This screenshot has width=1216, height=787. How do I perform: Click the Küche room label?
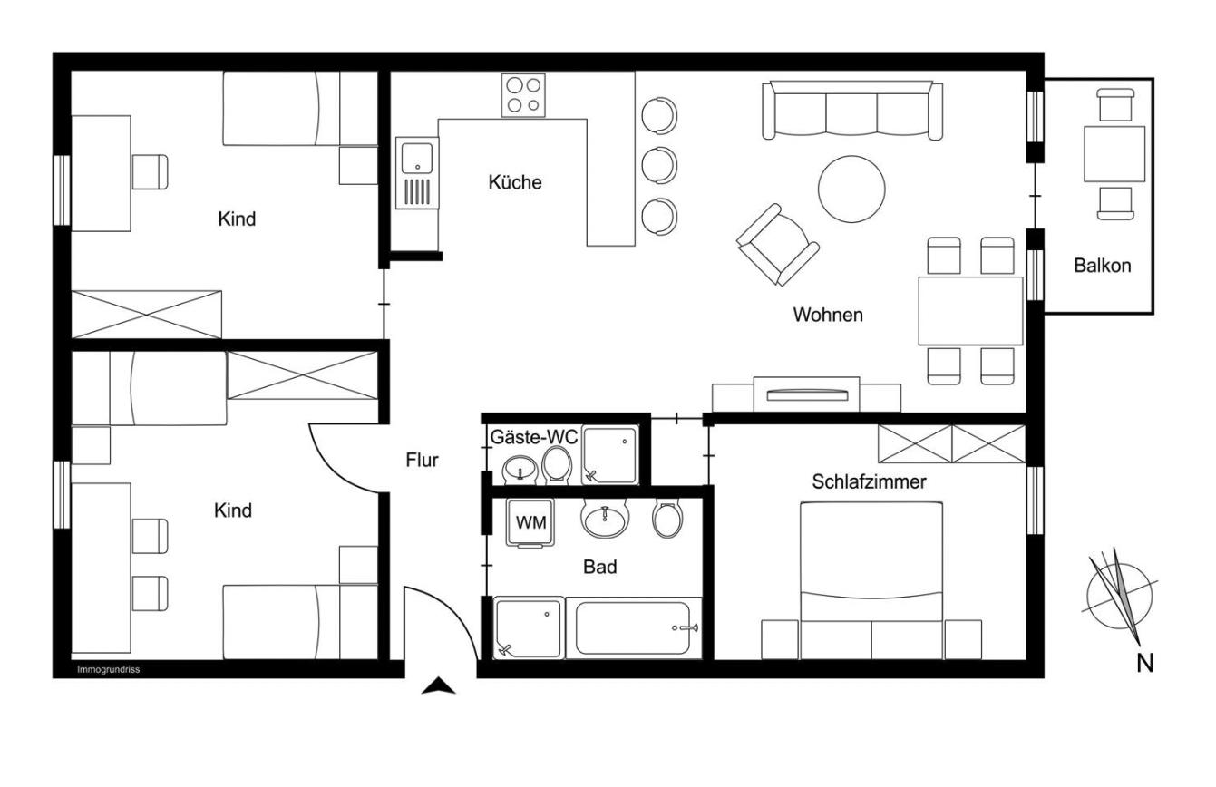[515, 181]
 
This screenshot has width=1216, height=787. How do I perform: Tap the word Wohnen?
[828, 315]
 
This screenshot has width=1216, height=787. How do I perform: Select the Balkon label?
[1103, 266]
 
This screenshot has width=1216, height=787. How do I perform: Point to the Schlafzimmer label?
[869, 481]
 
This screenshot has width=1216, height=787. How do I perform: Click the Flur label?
[422, 460]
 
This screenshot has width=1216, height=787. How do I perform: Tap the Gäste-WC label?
[534, 437]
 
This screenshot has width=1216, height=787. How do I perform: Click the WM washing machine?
[530, 523]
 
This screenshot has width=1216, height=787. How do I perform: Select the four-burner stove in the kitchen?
[523, 95]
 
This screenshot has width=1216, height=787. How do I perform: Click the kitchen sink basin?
[417, 158]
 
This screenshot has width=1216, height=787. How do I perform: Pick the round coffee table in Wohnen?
[851, 189]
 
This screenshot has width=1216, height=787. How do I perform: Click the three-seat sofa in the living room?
[852, 111]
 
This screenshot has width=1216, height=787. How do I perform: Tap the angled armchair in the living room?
[777, 246]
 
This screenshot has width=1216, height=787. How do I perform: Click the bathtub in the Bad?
[633, 628]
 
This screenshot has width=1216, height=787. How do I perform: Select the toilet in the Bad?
[667, 519]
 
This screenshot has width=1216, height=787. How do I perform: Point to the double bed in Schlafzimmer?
[871, 579]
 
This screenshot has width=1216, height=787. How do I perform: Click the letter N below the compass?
[1145, 664]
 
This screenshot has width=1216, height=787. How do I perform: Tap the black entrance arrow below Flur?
[439, 686]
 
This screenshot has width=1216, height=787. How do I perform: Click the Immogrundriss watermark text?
[108, 670]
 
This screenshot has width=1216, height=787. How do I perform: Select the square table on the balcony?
[1114, 154]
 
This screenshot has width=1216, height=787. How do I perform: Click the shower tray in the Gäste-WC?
[610, 455]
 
